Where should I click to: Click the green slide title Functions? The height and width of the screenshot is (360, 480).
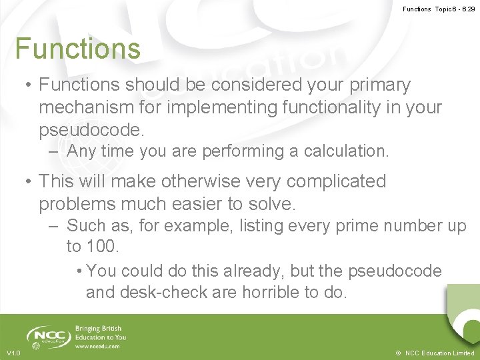point(78,49)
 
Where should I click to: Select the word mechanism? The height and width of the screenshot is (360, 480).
point(85,107)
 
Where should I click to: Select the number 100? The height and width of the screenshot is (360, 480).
point(102,247)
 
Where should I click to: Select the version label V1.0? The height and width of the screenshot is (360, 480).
point(13,353)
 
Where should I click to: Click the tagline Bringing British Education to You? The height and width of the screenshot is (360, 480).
point(100,333)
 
